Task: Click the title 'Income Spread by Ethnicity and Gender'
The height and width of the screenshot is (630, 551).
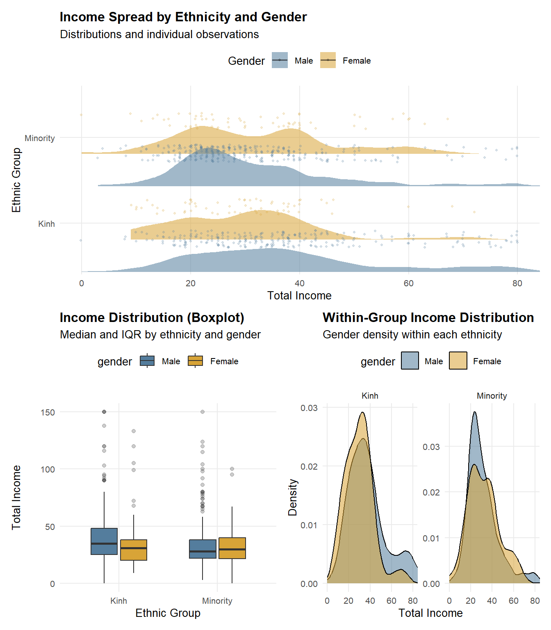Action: [x=183, y=17]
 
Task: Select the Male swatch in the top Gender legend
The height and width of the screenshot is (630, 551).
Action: [x=280, y=60]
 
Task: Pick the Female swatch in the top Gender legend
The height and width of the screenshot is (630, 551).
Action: [x=328, y=60]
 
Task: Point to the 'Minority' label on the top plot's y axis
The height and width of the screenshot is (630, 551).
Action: [x=40, y=138]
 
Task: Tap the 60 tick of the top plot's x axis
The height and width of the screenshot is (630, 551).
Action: [x=408, y=283]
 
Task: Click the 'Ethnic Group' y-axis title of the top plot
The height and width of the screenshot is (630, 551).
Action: [x=16, y=180]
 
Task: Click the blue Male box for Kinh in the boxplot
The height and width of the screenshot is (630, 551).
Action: [x=104, y=541]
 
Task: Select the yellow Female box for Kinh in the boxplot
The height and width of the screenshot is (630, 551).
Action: [x=134, y=550]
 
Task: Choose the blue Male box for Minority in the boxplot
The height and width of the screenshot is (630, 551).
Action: [x=203, y=549]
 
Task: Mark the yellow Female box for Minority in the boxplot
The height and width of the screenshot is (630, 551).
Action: [x=232, y=548]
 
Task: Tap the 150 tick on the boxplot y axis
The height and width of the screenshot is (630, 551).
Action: [x=48, y=412]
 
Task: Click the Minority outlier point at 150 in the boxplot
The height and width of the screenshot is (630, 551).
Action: [x=203, y=412]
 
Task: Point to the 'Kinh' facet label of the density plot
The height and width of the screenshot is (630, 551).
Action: [x=370, y=396]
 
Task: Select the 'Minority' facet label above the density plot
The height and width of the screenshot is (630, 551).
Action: [x=492, y=396]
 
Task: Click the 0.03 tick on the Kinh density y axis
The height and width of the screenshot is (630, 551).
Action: [x=309, y=408]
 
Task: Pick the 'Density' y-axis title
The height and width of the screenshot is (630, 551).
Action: [x=292, y=497]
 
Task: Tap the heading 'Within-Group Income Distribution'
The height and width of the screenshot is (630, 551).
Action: [x=428, y=318]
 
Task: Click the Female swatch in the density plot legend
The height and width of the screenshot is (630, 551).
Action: [x=458, y=361]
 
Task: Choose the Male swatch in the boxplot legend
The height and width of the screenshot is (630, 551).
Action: [x=147, y=361]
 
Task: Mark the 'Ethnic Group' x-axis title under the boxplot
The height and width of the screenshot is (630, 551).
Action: [x=168, y=613]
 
